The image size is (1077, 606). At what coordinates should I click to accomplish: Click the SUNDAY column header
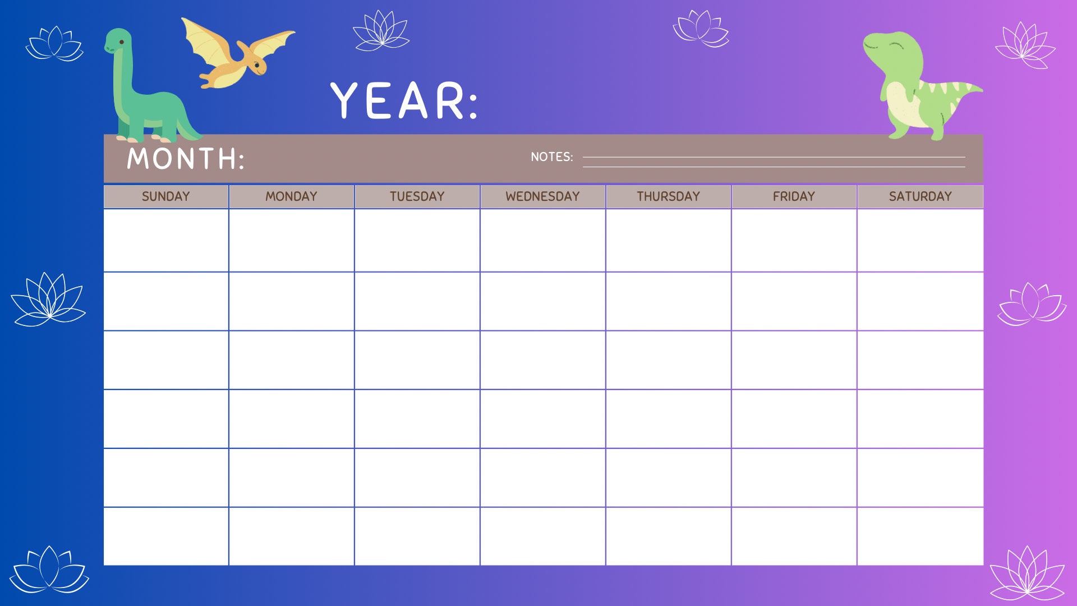165,196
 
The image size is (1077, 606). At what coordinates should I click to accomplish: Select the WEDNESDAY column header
542,196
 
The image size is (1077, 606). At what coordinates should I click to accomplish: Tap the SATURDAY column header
920,196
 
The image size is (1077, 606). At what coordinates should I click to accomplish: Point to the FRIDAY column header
794,196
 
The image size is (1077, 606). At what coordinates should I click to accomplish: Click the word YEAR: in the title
404,101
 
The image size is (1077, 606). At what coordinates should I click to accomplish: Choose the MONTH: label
186,159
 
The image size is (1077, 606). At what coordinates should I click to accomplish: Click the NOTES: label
551,157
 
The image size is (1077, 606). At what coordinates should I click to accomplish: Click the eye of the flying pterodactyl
257,65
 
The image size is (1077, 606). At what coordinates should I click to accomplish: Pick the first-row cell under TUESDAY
417,240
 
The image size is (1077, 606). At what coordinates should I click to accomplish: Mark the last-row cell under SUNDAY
165,536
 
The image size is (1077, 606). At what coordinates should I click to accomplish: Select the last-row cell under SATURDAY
920,536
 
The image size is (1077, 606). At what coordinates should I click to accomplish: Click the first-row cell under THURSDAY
668,240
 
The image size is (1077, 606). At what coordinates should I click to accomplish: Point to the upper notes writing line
774,157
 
